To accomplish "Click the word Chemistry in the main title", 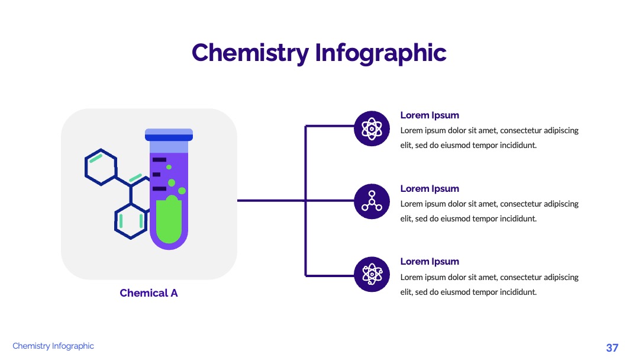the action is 250,53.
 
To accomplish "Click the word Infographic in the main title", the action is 380,53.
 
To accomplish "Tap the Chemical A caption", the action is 149,292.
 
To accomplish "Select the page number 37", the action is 612,348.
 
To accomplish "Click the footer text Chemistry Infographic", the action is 53,346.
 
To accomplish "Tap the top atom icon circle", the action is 372,128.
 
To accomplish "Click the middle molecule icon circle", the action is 372,201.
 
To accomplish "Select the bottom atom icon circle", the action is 372,274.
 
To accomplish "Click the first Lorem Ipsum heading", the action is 430,115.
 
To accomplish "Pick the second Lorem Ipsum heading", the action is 430,189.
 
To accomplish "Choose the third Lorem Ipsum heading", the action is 430,261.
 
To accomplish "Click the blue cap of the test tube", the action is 169,135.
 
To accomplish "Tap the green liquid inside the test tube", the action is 169,220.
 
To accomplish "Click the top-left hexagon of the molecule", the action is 101,167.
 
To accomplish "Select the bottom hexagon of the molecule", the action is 131,221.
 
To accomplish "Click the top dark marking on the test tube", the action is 159,159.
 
